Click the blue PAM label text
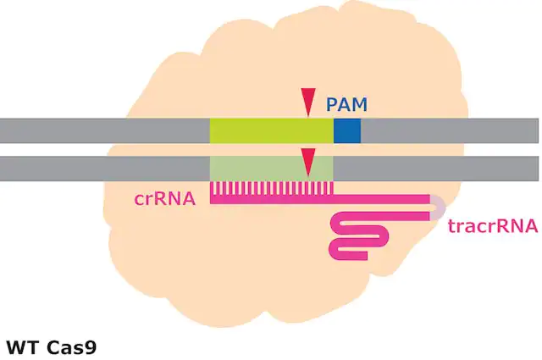(346, 104)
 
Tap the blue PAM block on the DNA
(347, 130)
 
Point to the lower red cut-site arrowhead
(308, 162)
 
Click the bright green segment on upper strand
(272, 130)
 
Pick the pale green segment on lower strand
(272, 169)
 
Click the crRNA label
(165, 199)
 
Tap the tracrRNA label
(493, 226)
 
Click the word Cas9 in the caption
(71, 347)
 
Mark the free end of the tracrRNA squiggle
(367, 256)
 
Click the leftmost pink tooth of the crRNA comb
(212, 189)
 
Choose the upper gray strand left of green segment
(105, 130)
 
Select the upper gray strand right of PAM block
(450, 130)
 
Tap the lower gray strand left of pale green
(105, 169)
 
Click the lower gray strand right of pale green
(436, 169)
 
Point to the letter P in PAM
(332, 104)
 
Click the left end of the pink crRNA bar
(211, 199)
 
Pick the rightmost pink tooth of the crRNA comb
(332, 189)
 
